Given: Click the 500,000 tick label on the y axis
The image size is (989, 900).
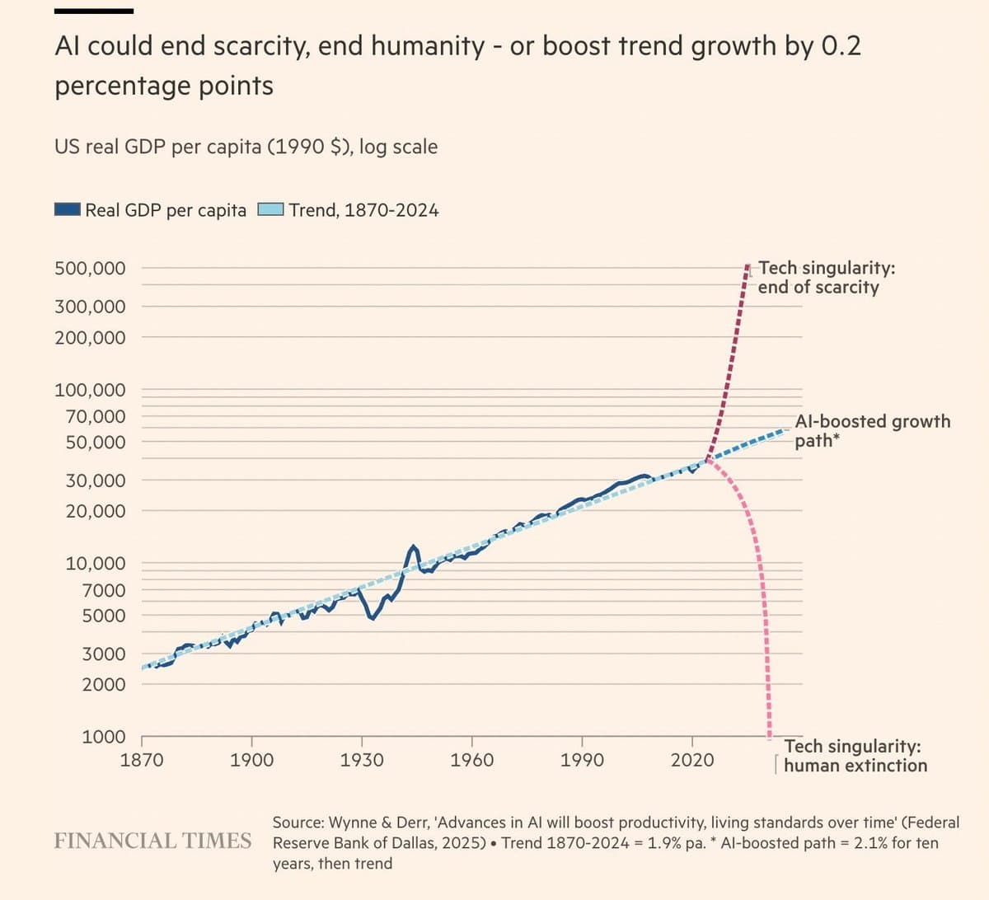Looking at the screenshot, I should click(90, 268).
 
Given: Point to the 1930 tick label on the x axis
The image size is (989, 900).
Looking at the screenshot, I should click(362, 760).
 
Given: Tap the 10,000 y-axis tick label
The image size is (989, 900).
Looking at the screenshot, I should click(96, 564).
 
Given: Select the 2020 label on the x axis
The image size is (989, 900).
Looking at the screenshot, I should click(692, 760).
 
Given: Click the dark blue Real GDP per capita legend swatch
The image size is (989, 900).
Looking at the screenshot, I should click(68, 209).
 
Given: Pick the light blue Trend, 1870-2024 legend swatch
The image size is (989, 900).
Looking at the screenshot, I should click(271, 209).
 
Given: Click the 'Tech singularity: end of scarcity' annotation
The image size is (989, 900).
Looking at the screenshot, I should click(825, 278).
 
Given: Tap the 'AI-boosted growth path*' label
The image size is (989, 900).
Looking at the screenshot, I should click(872, 430).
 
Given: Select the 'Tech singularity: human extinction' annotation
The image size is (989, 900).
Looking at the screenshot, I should click(855, 756).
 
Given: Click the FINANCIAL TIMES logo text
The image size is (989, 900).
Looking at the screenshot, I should click(152, 841).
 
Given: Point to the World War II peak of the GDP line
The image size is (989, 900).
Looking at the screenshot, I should click(413, 546).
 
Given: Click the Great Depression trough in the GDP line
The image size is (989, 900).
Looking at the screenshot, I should click(373, 617).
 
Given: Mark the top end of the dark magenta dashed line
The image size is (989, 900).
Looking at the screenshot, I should click(747, 266).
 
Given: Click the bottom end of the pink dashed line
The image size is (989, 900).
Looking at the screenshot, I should click(770, 736).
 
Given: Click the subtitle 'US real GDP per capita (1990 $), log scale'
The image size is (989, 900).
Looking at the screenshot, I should click(246, 147).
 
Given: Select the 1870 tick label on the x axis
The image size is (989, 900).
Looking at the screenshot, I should click(142, 760).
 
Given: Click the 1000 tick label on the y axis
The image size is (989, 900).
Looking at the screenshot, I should click(104, 737).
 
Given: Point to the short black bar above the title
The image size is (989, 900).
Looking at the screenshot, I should click(94, 12).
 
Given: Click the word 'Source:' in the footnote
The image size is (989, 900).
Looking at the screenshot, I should click(298, 823).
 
